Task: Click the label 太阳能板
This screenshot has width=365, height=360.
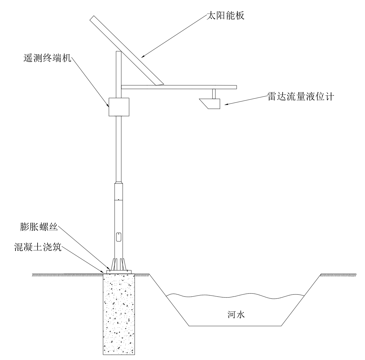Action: (x=226, y=16)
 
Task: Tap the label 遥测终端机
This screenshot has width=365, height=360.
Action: (x=47, y=58)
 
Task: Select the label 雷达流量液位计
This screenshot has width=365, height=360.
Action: (x=301, y=97)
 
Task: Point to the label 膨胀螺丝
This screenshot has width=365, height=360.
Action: (x=39, y=227)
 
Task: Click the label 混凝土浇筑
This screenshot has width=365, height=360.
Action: (x=38, y=247)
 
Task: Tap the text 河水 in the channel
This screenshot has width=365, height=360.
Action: (x=236, y=315)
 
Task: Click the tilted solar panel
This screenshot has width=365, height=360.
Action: (x=126, y=51)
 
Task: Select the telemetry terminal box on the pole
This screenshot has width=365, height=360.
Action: (x=119, y=107)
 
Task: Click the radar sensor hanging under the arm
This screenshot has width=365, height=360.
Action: (x=210, y=104)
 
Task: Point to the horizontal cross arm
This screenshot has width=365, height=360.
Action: (x=179, y=87)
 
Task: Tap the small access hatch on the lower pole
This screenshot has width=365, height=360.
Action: (x=119, y=237)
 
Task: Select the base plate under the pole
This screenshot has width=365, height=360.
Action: (x=119, y=272)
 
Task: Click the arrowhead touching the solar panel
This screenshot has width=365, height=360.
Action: (x=143, y=56)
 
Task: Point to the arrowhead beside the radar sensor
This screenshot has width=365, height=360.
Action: (x=227, y=104)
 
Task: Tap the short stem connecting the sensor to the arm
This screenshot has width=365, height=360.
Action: (x=214, y=94)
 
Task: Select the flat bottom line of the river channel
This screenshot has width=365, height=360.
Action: (x=235, y=326)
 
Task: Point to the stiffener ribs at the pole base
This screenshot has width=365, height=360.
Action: (x=119, y=264)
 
